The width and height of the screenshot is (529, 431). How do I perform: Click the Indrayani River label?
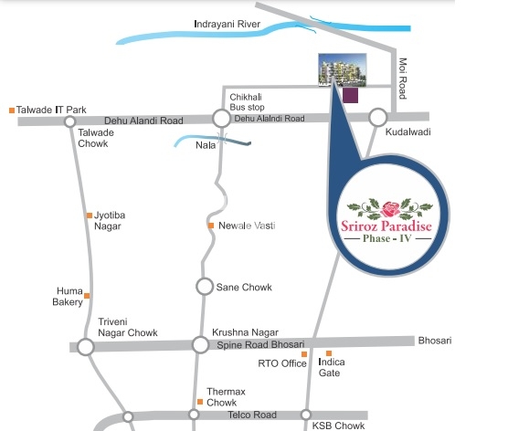coord(227,25)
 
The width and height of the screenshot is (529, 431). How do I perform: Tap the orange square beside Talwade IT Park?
coord(12,110)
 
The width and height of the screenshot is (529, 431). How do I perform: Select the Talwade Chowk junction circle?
coord(69,121)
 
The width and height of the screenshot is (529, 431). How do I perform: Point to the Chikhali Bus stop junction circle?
coord(221,119)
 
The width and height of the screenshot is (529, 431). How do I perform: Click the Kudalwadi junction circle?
coord(378,118)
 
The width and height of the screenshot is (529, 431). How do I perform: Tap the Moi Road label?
coord(403,79)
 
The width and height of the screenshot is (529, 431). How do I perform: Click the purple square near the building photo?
coord(351,95)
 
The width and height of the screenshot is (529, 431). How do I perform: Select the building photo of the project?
coord(343,69)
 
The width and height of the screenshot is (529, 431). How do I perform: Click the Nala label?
coord(206,145)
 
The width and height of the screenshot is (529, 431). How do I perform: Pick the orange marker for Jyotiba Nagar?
coord(90,215)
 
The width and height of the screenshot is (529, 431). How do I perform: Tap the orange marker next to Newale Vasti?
coord(211,226)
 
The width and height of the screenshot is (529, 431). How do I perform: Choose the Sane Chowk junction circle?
coord(205,287)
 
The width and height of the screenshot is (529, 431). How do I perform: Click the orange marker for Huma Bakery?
coord(87,296)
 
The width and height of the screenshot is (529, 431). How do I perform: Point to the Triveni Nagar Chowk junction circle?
coord(86,347)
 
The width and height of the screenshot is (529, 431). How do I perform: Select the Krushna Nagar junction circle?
coord(200,344)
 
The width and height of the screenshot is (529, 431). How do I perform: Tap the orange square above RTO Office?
coord(304,354)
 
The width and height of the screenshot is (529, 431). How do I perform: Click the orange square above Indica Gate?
coord(329,353)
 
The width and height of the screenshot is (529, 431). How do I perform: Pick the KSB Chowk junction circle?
coord(306,415)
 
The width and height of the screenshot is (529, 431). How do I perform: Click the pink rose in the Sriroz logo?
coord(390,209)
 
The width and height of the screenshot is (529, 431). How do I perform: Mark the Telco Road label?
coord(252,415)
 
